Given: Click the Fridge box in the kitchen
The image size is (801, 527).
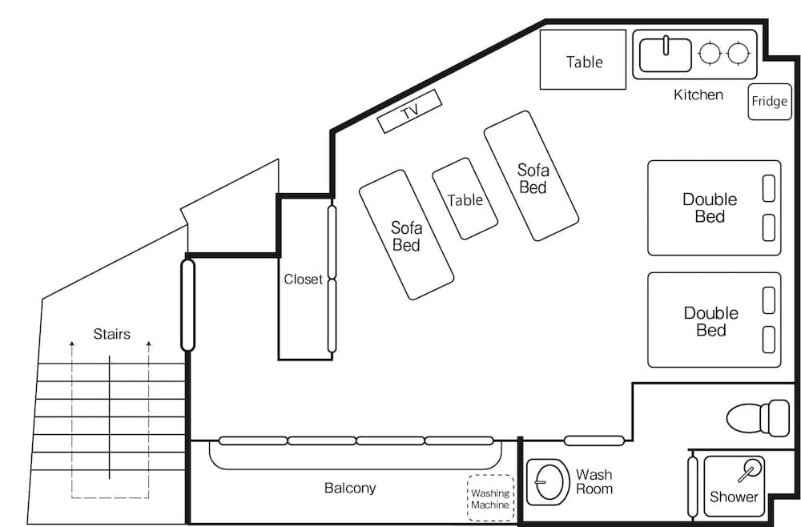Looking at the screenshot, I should click(x=769, y=102).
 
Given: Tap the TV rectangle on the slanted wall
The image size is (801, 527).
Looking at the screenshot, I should click(x=409, y=111).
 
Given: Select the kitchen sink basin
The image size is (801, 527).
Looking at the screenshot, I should click(x=665, y=54).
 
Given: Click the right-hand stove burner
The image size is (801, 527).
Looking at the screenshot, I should click(x=738, y=54).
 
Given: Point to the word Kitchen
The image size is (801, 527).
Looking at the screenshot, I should click(x=698, y=95).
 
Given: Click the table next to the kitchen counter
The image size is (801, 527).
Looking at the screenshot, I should click(x=582, y=60).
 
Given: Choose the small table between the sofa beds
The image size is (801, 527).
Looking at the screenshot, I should click(x=465, y=199).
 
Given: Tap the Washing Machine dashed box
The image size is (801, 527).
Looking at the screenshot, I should click(x=489, y=499).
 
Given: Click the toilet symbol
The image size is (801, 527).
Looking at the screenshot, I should click(x=757, y=417).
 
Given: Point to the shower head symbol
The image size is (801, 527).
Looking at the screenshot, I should click(x=751, y=469).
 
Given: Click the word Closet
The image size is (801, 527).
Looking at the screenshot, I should click(x=303, y=280).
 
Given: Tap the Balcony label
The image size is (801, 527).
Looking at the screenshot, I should click(x=349, y=488).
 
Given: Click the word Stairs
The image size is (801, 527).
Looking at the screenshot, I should click(x=111, y=334).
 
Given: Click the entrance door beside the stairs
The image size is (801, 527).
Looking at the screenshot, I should click(x=187, y=304).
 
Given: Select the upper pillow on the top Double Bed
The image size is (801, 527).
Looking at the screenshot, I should click(x=768, y=188).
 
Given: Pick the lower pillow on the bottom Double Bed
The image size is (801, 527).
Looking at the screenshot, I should click(x=768, y=339).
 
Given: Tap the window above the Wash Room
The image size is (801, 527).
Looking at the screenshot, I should click(x=594, y=440).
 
